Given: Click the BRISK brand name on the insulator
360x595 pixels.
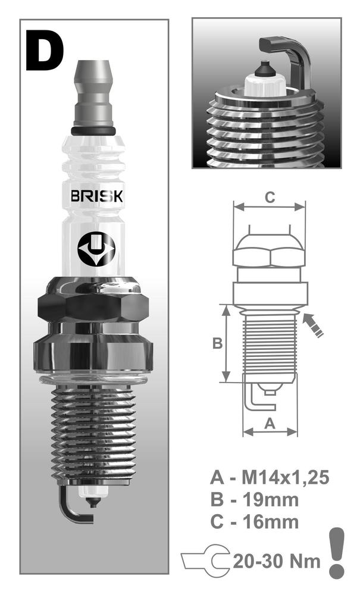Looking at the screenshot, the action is tap(97, 196).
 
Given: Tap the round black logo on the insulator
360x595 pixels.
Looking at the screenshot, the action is tap(96, 249).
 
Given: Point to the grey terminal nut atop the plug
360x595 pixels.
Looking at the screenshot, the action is tap(93, 93).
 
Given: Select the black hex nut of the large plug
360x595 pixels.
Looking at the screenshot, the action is tap(93, 306).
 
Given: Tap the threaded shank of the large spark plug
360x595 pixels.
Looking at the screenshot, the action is tap(93, 433).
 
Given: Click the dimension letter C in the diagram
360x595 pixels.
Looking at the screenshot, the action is tap(270, 198).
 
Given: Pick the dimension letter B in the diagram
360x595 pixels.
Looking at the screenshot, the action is tap(217, 343).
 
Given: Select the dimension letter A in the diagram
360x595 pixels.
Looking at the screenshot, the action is tap(270, 423).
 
